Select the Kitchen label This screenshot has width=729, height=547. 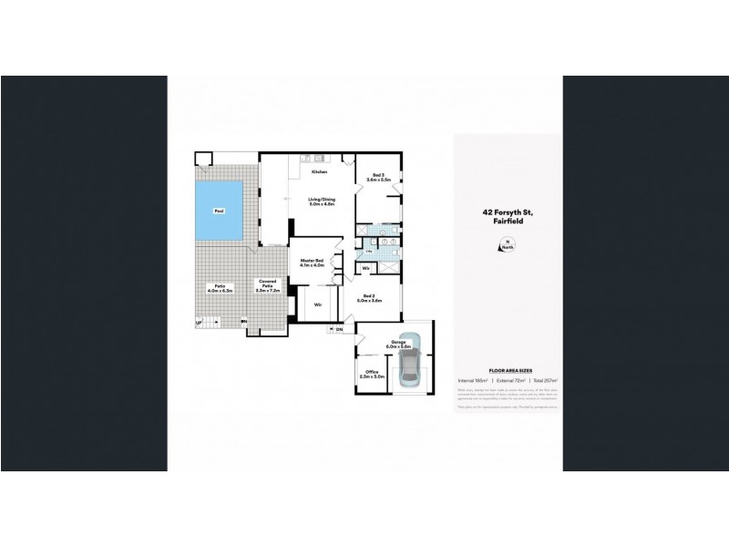click(319, 171)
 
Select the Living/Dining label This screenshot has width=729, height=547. click(318, 201)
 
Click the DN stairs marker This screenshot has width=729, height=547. click(338, 329)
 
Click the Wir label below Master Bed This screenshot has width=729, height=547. click(319, 304)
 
